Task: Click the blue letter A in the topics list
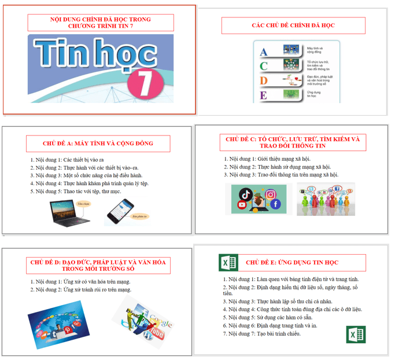[264, 52]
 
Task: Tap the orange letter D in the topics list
[264, 80]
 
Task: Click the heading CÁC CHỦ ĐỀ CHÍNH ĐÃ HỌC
[293, 26]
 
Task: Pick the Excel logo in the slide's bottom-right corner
[355, 335]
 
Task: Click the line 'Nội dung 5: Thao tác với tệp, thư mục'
[75, 191]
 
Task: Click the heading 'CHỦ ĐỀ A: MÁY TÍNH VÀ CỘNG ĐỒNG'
[98, 144]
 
